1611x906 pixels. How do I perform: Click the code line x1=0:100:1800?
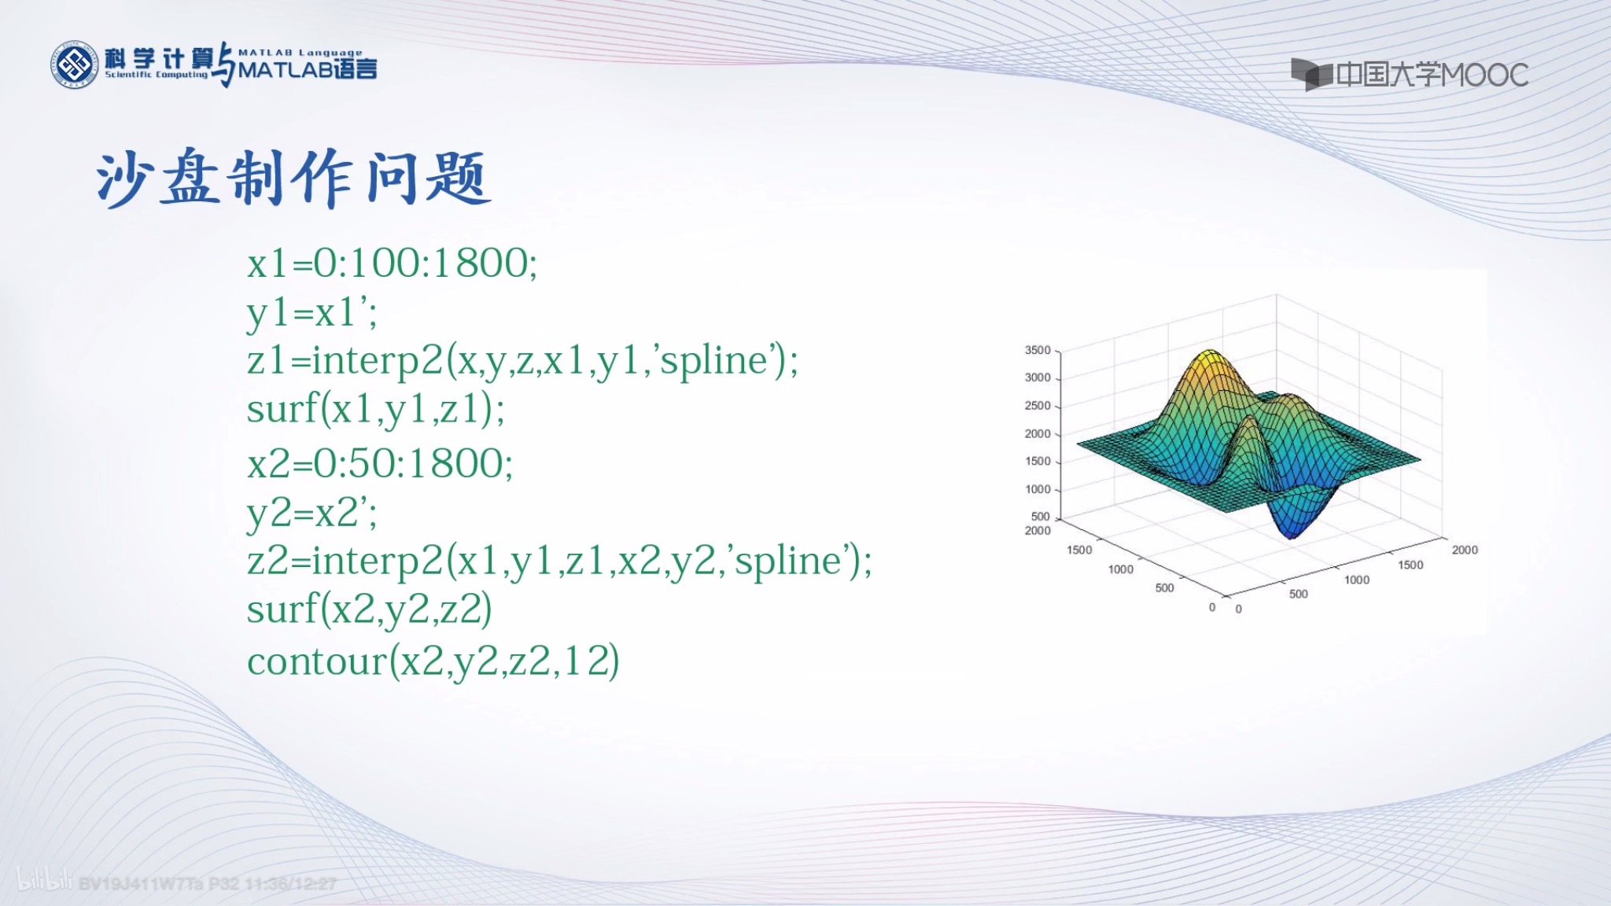[x=392, y=263]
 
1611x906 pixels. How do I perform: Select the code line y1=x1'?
[x=312, y=313]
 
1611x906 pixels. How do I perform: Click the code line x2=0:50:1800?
[x=380, y=463]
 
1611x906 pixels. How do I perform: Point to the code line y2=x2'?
[x=312, y=514]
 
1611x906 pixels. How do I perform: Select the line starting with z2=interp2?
[x=559, y=562]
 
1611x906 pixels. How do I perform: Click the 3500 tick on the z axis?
[x=1037, y=350]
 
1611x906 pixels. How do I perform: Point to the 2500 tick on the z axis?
[x=1037, y=406]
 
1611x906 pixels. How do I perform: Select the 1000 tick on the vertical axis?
[x=1037, y=489]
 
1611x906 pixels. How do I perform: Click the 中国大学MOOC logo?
[x=1409, y=75]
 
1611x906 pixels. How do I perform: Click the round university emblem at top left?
[x=75, y=64]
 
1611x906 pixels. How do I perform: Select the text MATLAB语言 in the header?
[x=308, y=69]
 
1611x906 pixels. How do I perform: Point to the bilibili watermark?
[x=44, y=880]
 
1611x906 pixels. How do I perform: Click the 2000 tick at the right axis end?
[x=1464, y=550]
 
